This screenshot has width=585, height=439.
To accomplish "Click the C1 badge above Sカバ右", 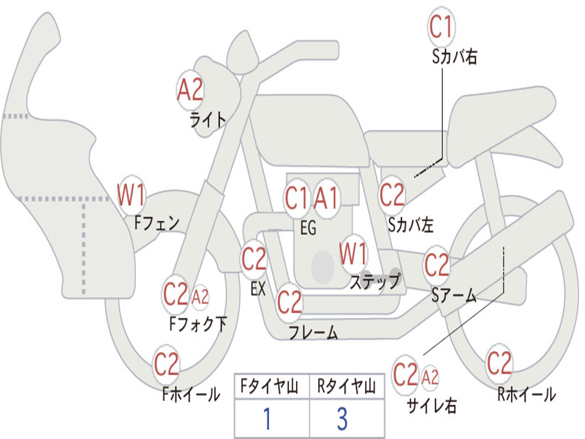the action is point(442,26).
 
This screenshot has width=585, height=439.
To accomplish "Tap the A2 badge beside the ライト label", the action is point(190,90).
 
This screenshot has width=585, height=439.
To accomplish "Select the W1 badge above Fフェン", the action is point(131,194).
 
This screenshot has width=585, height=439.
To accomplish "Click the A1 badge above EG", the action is point(326,198).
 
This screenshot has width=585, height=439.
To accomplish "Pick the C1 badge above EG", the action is point(297,198).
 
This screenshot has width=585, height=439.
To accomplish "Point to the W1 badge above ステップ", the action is point(353,253).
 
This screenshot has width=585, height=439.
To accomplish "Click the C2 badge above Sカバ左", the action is point(392,194).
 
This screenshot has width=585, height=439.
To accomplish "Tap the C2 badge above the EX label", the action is point(254,258).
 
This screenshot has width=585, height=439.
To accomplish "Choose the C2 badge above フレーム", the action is point(290,302).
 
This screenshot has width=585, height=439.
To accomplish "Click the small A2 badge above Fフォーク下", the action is point(201,297).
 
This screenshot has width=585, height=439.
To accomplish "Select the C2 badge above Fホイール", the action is point(166,364).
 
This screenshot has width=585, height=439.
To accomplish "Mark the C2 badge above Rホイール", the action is point(499,363).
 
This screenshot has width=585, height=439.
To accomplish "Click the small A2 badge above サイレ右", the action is point(430,377).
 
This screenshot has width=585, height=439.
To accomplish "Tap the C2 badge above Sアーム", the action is point(436,264).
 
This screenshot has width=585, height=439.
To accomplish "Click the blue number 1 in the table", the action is point(267,418).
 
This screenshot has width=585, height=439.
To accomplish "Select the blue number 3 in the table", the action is point(343,418).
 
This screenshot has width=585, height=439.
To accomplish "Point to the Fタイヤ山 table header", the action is point(270,386).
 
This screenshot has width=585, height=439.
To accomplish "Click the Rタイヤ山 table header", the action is point(347,386).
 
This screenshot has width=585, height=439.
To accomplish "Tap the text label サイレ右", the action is point(432,405).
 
